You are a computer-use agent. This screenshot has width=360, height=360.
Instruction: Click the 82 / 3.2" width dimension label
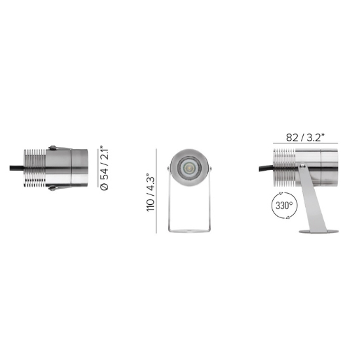coord(305,137)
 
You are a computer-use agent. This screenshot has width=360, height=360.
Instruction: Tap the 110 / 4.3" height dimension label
coord(151,192)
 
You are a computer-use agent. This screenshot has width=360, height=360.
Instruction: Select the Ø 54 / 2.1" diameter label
coord(105,168)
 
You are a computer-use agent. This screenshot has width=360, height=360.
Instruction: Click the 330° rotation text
coord(284,206)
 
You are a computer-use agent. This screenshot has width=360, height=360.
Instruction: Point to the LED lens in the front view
coord(189,168)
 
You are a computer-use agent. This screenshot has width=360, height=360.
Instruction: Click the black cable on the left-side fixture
coord(17,168)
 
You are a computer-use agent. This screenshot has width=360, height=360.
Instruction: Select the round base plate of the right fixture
coord(319,232)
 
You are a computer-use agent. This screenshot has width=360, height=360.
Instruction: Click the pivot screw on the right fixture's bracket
coord(302,165)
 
